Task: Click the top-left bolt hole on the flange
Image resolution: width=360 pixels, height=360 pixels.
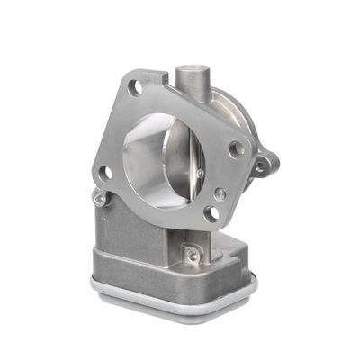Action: [135, 87]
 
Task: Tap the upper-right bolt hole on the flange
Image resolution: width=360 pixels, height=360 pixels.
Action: [238, 149]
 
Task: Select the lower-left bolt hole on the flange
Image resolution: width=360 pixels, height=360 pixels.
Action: [105, 172]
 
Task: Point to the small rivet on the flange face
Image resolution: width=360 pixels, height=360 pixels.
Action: [220, 193]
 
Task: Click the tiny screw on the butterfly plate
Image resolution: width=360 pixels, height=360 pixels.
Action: [200, 168]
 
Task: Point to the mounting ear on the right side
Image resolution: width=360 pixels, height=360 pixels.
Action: [263, 164]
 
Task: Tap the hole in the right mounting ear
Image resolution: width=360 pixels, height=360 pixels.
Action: [261, 166]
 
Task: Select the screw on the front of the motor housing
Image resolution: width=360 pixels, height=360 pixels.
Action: [192, 256]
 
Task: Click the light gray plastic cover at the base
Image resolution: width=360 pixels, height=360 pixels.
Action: [171, 301]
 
